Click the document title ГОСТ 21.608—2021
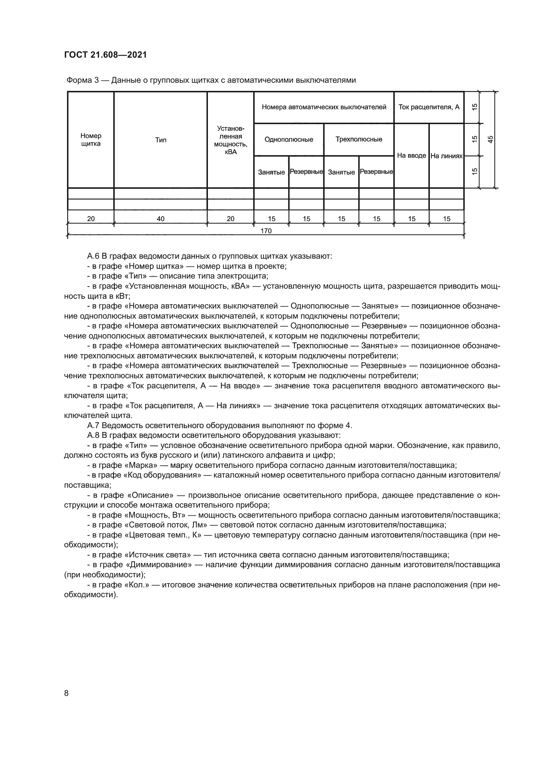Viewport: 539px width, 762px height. pyautogui.click(x=106, y=55)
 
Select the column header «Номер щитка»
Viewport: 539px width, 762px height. pyautogui.click(x=91, y=140)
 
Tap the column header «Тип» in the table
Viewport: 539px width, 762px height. pyautogui.click(x=161, y=140)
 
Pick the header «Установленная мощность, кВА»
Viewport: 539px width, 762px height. pyautogui.click(x=230, y=140)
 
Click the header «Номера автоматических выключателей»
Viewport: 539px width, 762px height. pyautogui.click(x=324, y=107)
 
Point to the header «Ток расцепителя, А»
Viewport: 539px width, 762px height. pyautogui.click(x=429, y=107)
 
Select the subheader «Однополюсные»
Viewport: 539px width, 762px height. pyautogui.click(x=289, y=139)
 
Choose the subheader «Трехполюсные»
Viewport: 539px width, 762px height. pyautogui.click(x=359, y=139)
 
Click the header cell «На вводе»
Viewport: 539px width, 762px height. pyautogui.click(x=412, y=156)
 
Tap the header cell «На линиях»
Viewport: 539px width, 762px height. pyautogui.click(x=446, y=156)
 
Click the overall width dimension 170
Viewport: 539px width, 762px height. pyautogui.click(x=266, y=231)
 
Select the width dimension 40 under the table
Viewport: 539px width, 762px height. pyautogui.click(x=161, y=219)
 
